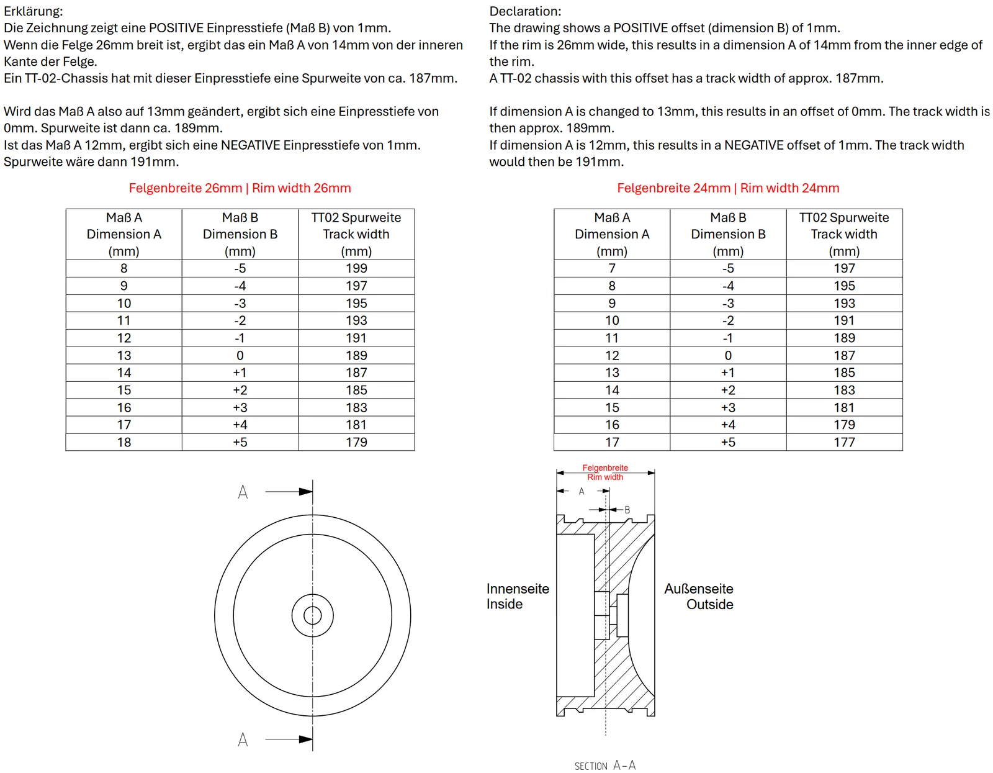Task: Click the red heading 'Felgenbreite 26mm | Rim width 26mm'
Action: click(240, 188)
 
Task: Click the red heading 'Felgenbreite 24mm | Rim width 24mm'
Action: click(728, 188)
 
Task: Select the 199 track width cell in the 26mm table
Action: click(356, 268)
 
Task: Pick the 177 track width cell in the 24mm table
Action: click(844, 442)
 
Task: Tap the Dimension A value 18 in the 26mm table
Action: click(124, 442)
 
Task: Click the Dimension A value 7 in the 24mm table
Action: click(612, 268)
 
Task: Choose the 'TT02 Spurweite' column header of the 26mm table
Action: click(356, 218)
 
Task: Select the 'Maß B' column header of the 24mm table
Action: click(728, 218)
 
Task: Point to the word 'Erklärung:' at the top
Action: click(34, 11)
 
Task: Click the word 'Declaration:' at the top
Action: click(525, 11)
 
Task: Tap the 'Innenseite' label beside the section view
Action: click(518, 589)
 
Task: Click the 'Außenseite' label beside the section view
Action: click(699, 589)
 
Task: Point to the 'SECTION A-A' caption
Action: click(605, 766)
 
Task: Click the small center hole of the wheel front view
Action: click(313, 616)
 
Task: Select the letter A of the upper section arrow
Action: click(243, 492)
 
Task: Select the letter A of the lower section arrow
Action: click(243, 739)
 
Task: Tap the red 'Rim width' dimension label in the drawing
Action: click(605, 477)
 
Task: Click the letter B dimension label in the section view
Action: click(627, 510)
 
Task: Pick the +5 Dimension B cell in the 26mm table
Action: click(240, 442)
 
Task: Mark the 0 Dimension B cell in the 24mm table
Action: click(728, 355)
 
